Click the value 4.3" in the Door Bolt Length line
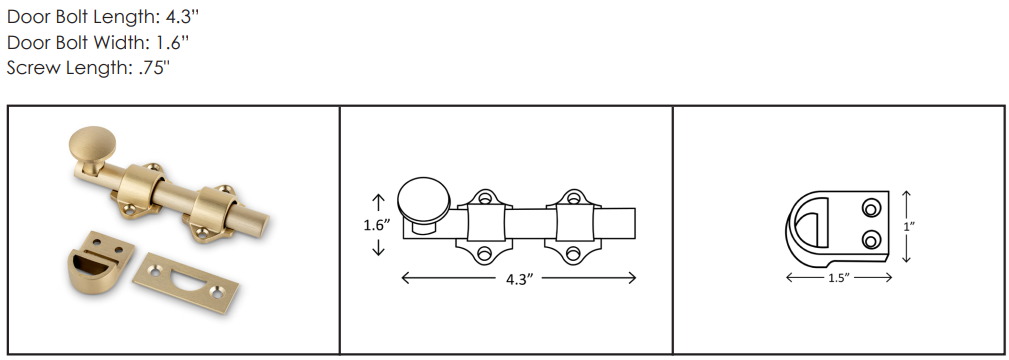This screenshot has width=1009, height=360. pyautogui.click(x=169, y=18)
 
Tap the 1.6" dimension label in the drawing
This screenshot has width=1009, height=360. pyautogui.click(x=377, y=225)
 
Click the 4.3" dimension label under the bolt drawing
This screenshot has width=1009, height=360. pyautogui.click(x=518, y=280)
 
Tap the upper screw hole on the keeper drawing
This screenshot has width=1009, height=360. pyautogui.click(x=869, y=208)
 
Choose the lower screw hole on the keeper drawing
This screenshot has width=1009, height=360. pyautogui.click(x=869, y=238)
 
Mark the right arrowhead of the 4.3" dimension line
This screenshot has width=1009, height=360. pyautogui.click(x=632, y=279)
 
